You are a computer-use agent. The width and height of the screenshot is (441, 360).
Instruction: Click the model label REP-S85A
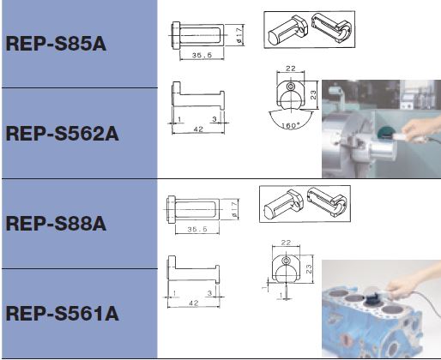tap(56, 44)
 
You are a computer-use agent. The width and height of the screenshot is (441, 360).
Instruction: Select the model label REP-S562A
tap(62, 134)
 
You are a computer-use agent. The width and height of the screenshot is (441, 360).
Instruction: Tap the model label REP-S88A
tap(56, 224)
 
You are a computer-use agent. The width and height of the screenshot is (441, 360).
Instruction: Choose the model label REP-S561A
tap(62, 314)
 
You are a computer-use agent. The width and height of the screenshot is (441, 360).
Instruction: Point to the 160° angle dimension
tap(291, 125)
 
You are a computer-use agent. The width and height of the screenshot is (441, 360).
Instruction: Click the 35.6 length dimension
tap(202, 55)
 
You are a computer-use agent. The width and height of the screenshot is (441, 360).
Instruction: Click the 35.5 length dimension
tap(197, 229)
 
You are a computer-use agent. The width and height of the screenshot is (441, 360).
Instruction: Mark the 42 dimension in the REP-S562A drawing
tap(198, 129)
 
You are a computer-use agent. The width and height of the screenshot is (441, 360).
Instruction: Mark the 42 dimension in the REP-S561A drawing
tap(194, 303)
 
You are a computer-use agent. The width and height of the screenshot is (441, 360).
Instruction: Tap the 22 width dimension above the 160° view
tap(291, 69)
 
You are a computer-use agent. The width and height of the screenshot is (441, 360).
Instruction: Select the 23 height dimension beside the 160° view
tap(313, 94)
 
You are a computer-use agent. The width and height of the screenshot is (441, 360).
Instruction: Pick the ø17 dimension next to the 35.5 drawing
tap(235, 209)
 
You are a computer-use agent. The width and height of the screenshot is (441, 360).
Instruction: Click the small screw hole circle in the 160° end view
tap(291, 86)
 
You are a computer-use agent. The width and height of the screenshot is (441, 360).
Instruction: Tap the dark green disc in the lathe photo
tap(385, 133)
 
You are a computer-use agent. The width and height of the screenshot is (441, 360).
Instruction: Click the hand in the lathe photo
tap(420, 129)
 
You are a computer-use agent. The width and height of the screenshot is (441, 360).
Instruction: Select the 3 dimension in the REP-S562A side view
tap(214, 119)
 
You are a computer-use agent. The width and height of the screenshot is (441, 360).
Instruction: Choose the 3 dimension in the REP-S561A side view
tap(210, 293)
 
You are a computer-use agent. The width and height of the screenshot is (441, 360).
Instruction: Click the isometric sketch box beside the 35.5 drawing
tap(305, 204)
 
